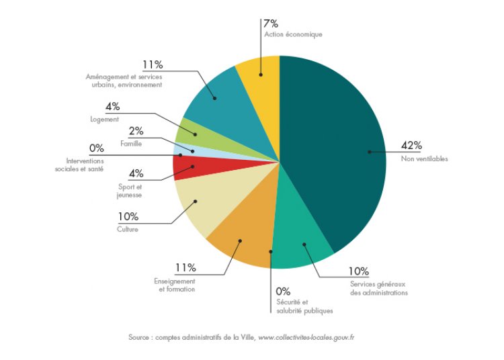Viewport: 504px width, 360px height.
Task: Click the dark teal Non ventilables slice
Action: (x=336, y=148)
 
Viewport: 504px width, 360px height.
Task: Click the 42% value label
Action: (x=411, y=146)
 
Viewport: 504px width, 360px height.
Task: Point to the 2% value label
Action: (x=135, y=131)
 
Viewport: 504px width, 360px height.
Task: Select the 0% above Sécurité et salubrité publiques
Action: (x=284, y=291)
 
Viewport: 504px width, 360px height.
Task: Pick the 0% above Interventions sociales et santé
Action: (x=96, y=148)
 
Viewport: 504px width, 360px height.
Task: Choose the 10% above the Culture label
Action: (x=127, y=216)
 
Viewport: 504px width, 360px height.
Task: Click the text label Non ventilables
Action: (x=424, y=159)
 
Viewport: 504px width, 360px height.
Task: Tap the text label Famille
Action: (x=131, y=144)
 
